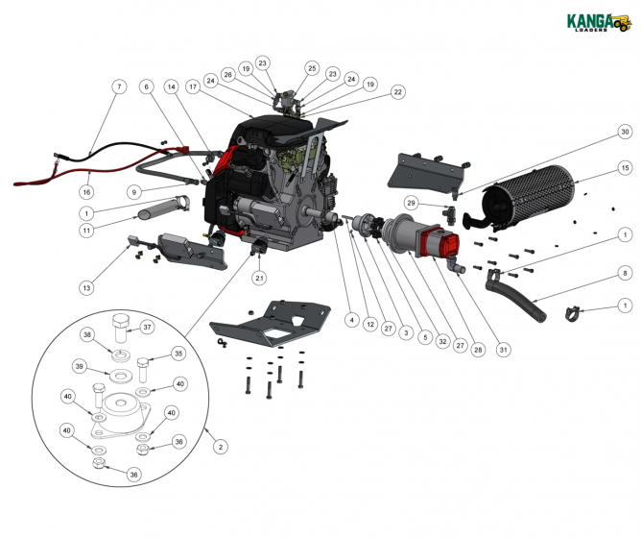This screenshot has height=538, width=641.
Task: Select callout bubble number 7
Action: click(119, 86)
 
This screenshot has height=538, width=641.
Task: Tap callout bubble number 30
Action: click(624, 131)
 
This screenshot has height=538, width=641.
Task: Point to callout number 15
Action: click(624, 168)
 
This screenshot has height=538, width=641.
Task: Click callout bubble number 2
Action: click(221, 447)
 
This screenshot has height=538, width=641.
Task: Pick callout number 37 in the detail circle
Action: click(148, 327)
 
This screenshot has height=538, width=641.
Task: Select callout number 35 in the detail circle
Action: click(178, 354)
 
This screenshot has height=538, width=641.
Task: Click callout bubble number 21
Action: click(259, 279)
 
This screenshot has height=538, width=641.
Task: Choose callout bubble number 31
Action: click(502, 350)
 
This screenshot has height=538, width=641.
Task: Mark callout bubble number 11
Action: click(86, 231)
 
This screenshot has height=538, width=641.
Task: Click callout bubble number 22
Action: click(397, 92)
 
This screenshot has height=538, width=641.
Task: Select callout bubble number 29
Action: click(410, 204)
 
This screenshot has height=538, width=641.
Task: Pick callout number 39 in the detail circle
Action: click(80, 366)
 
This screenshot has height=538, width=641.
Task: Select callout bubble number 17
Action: click(192, 86)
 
